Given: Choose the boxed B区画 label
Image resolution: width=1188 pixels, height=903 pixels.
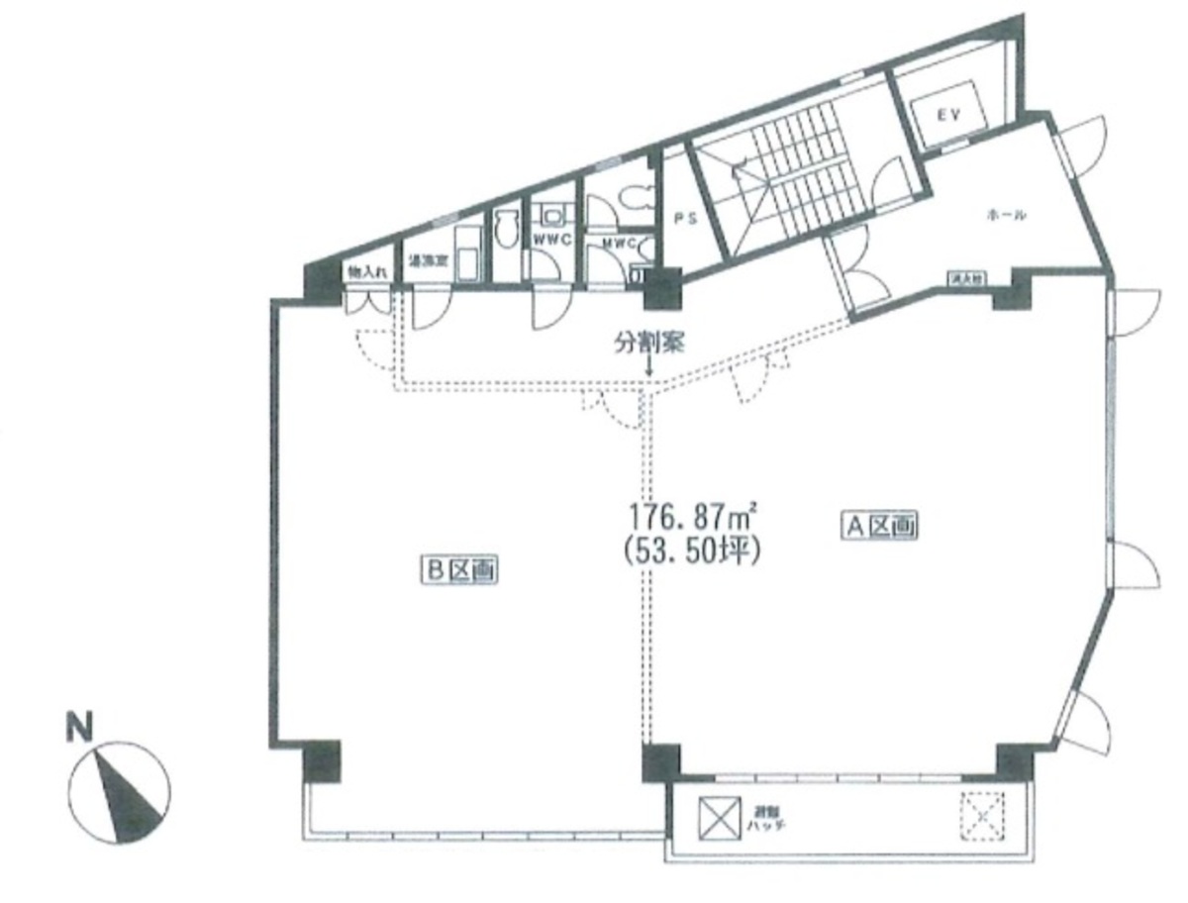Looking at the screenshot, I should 459,570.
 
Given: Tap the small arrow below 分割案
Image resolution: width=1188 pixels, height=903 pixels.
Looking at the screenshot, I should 648,369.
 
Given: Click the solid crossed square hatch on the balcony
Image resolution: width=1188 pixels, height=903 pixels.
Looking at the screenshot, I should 718,817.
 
